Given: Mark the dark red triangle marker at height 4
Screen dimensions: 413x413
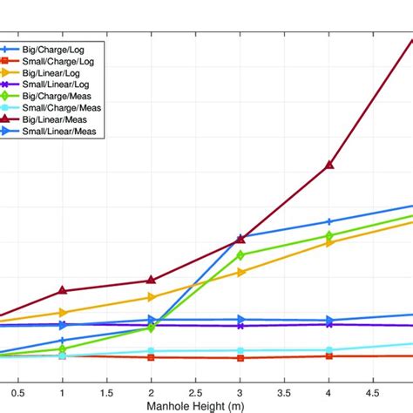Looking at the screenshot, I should pyautogui.click(x=329, y=164).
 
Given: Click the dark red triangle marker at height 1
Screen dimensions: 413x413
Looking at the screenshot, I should pyautogui.click(x=62, y=290).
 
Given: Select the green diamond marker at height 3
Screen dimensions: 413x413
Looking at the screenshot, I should pyautogui.click(x=240, y=255).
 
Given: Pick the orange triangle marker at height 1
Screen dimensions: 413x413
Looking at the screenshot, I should pyautogui.click(x=62, y=313).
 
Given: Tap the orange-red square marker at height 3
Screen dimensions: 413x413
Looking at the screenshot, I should pyautogui.click(x=240, y=358).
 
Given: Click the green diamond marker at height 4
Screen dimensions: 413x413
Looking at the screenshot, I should pyautogui.click(x=329, y=235).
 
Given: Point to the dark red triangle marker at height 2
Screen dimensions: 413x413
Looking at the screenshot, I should pyautogui.click(x=152, y=280).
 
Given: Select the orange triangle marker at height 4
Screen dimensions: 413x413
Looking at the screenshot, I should pyautogui.click(x=329, y=243).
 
